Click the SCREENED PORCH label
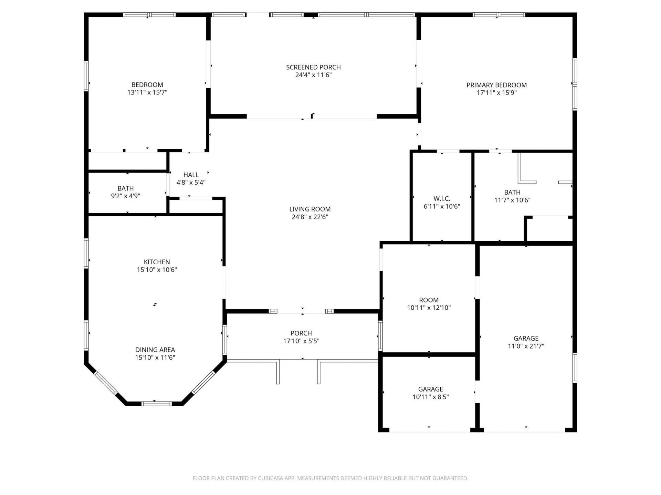(x=313, y=67)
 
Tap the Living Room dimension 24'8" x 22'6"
(x=310, y=217)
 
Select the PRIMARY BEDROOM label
(x=496, y=85)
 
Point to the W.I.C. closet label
(x=442, y=199)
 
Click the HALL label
(x=191, y=175)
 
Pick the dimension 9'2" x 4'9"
(x=125, y=196)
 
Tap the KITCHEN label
(x=157, y=262)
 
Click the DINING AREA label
(x=155, y=350)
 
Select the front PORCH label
(x=301, y=333)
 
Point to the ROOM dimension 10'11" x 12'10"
(x=429, y=308)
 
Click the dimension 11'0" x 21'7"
(x=526, y=346)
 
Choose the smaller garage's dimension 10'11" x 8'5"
(x=430, y=397)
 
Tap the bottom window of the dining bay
(x=156, y=404)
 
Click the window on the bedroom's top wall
(x=149, y=15)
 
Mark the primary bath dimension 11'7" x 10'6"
(x=512, y=200)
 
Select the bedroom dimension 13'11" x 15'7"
(x=147, y=92)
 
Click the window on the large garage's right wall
(x=574, y=367)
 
